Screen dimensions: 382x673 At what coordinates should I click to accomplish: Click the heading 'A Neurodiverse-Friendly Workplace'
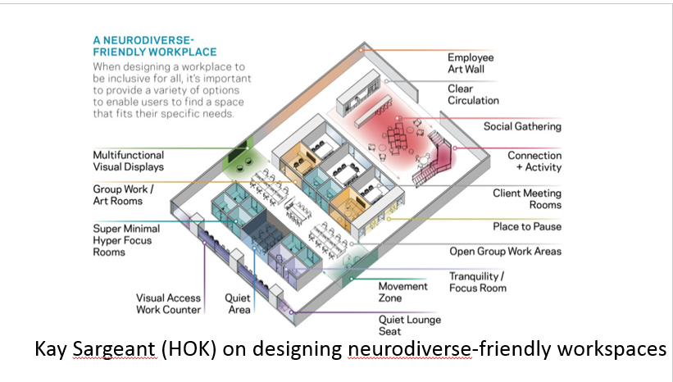tap(154, 46)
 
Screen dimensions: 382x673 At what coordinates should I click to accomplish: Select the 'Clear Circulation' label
tap(473, 94)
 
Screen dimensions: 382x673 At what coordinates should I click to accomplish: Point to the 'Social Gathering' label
tap(522, 126)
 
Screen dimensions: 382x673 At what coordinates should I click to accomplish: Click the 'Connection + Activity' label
tap(534, 161)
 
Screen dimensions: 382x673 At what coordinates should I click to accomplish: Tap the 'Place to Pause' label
tap(527, 226)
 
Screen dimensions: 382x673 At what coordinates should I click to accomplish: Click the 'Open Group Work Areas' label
tap(505, 252)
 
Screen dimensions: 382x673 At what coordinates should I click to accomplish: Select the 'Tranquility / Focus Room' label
tap(477, 281)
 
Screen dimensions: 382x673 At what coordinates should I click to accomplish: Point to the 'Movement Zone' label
tap(402, 292)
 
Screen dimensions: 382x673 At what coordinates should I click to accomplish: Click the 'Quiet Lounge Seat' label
tap(409, 325)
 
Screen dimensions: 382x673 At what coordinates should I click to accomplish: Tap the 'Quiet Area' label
tap(238, 304)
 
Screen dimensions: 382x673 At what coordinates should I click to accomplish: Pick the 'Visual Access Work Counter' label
tap(168, 304)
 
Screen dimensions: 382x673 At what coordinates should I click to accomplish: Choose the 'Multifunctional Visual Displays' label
tap(128, 161)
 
